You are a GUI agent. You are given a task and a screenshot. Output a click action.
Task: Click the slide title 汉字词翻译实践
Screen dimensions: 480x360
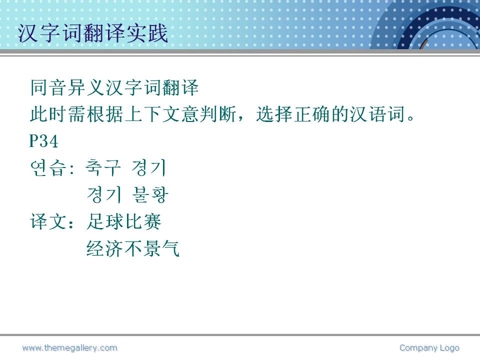[93, 33]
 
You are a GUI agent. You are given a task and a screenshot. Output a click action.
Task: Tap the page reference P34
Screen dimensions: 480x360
[44, 141]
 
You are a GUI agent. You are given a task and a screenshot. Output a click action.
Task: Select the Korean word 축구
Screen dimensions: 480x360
[103, 168]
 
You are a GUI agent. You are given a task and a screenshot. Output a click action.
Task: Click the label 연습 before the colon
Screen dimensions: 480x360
[48, 168]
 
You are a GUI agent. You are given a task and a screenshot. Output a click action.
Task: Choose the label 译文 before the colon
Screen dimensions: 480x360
[48, 221]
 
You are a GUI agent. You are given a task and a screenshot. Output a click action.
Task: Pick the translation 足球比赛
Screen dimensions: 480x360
[124, 221]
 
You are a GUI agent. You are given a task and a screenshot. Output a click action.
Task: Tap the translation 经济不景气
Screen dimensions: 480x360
[133, 248]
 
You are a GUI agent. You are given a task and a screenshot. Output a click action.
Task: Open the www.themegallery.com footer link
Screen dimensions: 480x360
[70, 348]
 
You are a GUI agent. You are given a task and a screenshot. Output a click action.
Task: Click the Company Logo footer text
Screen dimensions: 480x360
[429, 348]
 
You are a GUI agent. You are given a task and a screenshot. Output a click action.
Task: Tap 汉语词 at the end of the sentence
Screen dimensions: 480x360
[378, 114]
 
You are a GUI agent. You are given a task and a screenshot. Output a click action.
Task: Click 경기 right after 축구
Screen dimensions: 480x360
[148, 168]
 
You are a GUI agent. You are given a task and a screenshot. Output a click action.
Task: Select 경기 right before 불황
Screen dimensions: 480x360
[104, 194]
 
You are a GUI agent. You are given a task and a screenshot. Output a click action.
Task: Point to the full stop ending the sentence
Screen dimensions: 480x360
[410, 118]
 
